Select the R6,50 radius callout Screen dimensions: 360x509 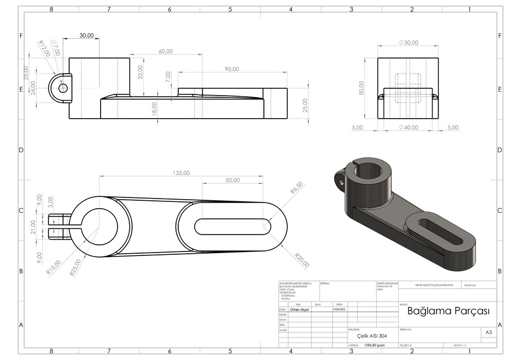297,188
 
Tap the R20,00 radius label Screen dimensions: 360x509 302,263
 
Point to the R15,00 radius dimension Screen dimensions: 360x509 54,265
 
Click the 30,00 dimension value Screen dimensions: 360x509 87,35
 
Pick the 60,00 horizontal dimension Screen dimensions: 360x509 165,51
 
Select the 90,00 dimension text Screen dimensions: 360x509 231,69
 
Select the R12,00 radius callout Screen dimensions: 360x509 44,48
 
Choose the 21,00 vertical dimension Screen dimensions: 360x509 33,227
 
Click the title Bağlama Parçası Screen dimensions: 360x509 448,311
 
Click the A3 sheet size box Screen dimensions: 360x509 488,333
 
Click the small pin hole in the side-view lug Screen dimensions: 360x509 62,88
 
